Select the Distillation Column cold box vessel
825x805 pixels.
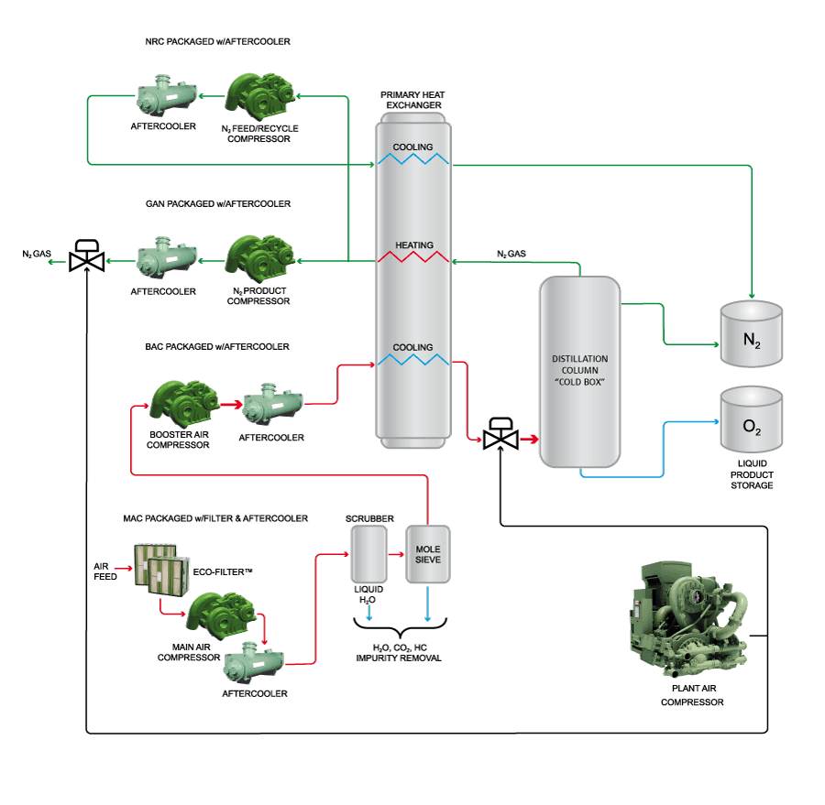pyautogui.click(x=579, y=371)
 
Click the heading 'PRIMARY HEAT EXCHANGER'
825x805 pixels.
pyautogui.click(x=413, y=100)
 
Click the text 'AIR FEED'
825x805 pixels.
pyautogui.click(x=105, y=571)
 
